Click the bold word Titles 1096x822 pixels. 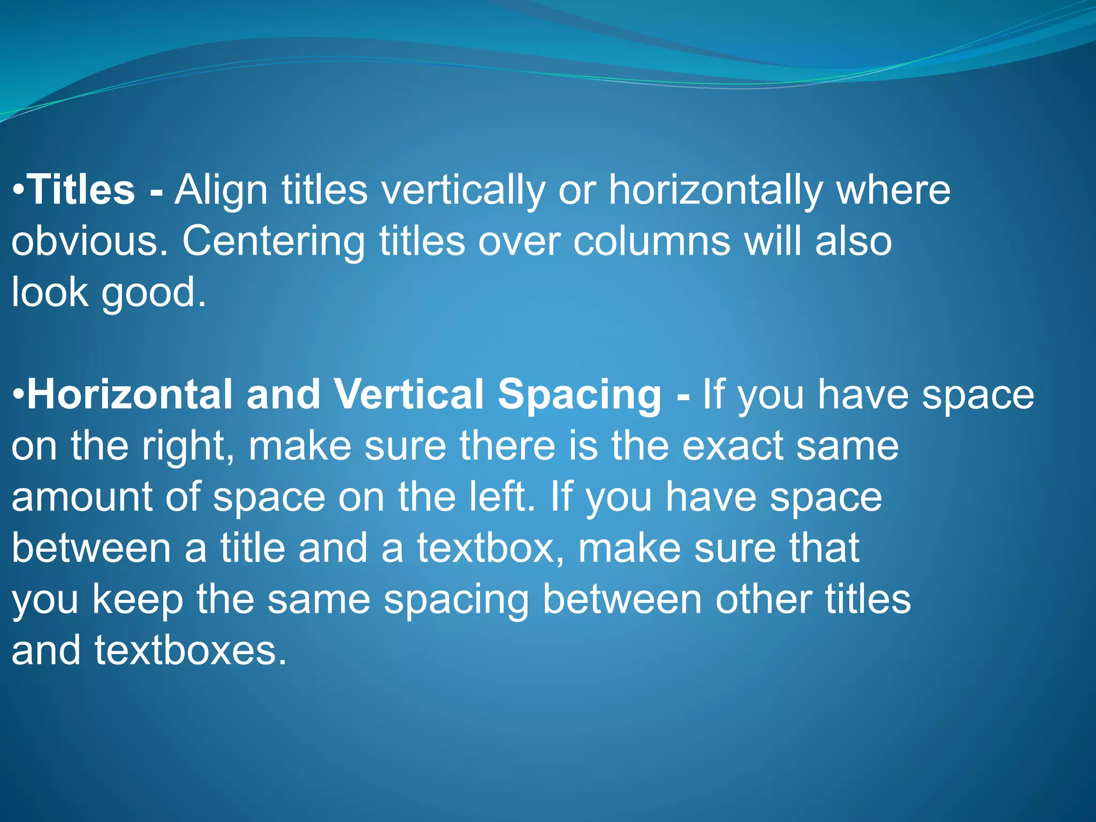(81, 190)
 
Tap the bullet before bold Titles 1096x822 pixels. (18, 191)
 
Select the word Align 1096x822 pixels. (220, 191)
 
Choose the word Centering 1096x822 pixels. (273, 241)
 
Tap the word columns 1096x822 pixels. (651, 241)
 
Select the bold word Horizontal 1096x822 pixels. (130, 394)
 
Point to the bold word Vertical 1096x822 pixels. (409, 394)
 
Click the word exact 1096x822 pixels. (732, 446)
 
